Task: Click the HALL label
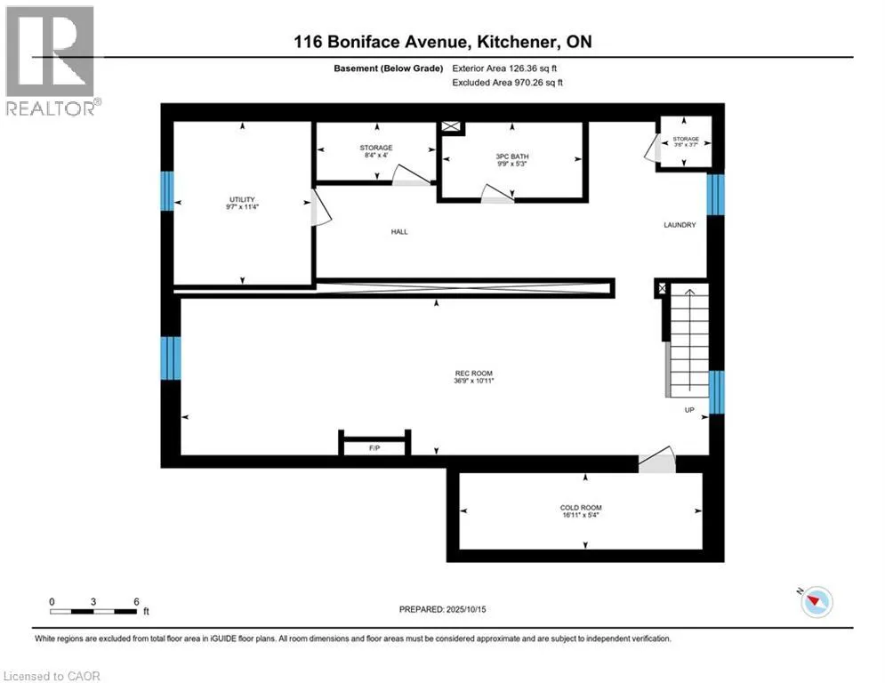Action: pyautogui.click(x=398, y=231)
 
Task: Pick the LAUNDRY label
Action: pyautogui.click(x=680, y=225)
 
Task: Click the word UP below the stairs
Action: pyautogui.click(x=689, y=410)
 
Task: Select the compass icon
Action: pyautogui.click(x=816, y=602)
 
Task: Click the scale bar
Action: pyautogui.click(x=93, y=611)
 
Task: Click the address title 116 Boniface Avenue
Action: pyautogui.click(x=442, y=42)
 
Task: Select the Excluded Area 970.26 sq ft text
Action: pyautogui.click(x=507, y=82)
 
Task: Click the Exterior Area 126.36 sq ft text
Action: pyautogui.click(x=507, y=68)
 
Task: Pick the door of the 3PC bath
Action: pyautogui.click(x=497, y=196)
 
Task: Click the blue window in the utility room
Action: pyautogui.click(x=166, y=191)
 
